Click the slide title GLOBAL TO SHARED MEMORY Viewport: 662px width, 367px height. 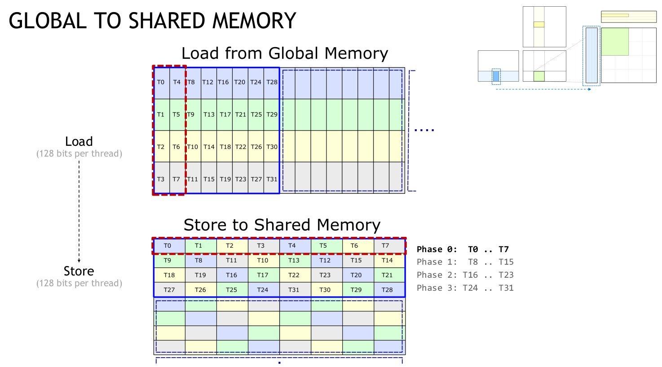click(152, 21)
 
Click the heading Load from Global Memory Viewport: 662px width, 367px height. click(284, 53)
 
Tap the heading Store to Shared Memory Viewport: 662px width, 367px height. click(282, 225)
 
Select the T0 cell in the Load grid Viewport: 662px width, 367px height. click(161, 82)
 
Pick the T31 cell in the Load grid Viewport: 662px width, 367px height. click(272, 179)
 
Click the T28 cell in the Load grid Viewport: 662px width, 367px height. click(272, 82)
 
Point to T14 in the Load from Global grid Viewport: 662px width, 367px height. click(209, 147)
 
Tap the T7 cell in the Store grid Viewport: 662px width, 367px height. click(385, 245)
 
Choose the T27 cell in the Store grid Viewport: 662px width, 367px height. click(169, 290)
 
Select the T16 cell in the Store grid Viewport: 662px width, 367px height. click(231, 275)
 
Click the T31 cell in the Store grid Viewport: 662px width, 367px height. click(294, 290)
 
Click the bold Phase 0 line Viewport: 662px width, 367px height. click(463, 249)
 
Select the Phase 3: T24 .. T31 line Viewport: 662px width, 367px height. click(465, 288)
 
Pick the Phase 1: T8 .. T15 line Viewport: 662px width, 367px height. click(465, 262)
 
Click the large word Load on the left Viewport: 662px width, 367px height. click(79, 142)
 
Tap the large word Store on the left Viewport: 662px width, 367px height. click(79, 271)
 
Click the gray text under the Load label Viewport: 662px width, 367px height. click(79, 154)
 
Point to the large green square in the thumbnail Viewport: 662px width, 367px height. click(615, 42)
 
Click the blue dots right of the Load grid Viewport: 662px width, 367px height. click(424, 131)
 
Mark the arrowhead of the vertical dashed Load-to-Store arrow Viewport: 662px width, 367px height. click(79, 260)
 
